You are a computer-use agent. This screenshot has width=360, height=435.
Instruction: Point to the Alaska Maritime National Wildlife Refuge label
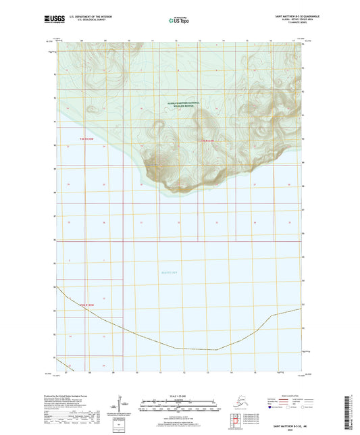(x=180, y=105)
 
